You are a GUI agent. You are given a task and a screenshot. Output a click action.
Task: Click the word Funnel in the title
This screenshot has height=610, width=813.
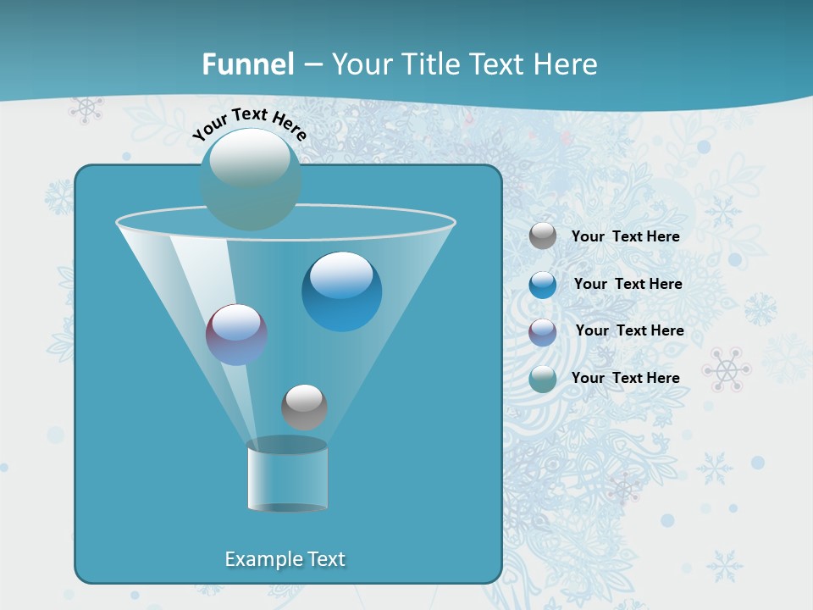[247, 64]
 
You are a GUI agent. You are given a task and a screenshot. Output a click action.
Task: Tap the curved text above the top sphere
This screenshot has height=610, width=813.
[249, 124]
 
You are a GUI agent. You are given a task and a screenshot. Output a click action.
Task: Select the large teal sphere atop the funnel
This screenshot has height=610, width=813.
[251, 180]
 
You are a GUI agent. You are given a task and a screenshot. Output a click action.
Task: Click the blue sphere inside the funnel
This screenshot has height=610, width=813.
[341, 291]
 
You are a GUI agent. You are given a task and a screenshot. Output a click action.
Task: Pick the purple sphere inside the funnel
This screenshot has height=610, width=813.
[237, 335]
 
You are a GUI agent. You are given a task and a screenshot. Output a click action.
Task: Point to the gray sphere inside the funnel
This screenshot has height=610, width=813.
[304, 407]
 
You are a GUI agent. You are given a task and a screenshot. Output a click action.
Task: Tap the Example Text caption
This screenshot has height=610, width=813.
[285, 559]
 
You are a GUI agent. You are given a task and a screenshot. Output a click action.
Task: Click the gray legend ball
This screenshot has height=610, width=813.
[543, 236]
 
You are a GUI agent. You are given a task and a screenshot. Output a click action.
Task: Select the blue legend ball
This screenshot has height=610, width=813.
[543, 285]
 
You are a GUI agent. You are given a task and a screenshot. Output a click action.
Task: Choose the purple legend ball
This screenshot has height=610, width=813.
[543, 331]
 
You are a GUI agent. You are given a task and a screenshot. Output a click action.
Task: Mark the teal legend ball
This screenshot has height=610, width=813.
[543, 379]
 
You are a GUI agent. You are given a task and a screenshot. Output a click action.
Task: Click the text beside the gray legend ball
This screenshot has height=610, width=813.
[625, 237]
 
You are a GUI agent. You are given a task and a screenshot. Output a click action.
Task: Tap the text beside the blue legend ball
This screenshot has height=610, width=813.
[628, 284]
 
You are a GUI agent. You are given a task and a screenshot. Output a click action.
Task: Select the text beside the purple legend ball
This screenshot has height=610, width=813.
[629, 330]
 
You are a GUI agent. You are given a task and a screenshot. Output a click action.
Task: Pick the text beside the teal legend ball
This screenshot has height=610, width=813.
[625, 378]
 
